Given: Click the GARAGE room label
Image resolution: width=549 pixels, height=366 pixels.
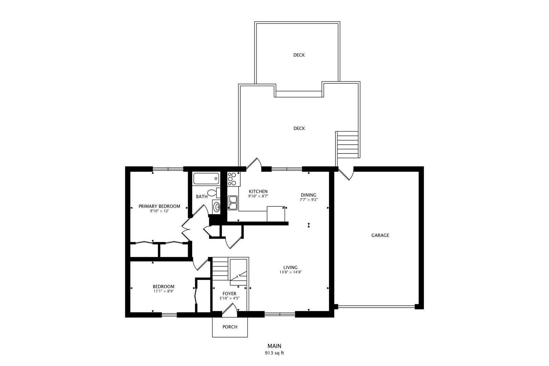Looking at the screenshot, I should [x=380, y=235].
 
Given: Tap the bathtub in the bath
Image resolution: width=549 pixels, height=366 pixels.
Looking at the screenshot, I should [x=206, y=179].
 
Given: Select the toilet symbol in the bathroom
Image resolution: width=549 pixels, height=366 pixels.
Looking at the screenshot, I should [x=213, y=193].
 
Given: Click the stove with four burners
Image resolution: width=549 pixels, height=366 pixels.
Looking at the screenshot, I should [x=232, y=179].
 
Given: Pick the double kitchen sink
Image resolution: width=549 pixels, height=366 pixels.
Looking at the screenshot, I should [x=232, y=202].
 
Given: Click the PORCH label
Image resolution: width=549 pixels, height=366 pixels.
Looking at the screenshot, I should [x=230, y=327].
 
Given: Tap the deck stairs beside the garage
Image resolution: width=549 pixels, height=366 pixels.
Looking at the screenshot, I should [x=348, y=145].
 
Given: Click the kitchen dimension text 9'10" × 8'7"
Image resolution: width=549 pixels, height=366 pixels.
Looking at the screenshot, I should [x=258, y=196].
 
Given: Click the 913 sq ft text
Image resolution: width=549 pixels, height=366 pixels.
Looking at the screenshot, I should [x=274, y=353].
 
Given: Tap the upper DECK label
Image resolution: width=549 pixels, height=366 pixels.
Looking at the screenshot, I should [x=299, y=55].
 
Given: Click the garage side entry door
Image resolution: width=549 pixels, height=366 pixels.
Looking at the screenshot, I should [x=347, y=174].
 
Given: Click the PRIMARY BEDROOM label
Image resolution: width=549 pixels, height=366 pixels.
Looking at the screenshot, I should [x=159, y=206].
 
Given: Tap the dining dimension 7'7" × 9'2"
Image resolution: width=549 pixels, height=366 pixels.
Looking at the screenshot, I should [x=308, y=200].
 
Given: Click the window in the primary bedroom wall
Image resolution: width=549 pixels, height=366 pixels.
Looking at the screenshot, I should [x=168, y=169].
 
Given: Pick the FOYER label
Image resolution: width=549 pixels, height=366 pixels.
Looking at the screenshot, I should [x=229, y=293].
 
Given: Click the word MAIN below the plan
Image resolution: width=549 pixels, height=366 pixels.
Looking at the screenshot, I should [x=274, y=346].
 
